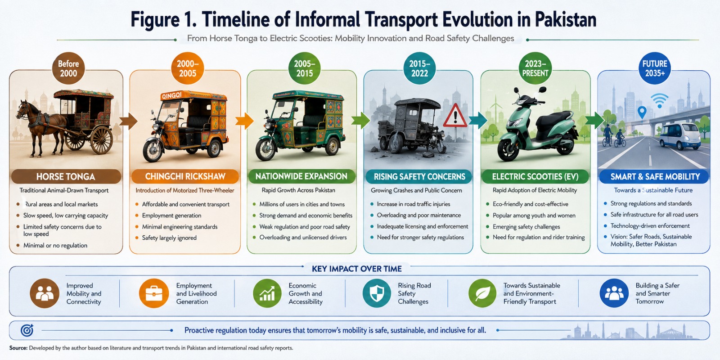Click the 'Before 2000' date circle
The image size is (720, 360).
(x=68, y=68)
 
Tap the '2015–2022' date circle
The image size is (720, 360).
(x=419, y=68)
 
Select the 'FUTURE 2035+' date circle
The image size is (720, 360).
(x=654, y=68)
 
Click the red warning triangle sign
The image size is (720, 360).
(x=455, y=116)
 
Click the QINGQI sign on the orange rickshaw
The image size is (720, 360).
(x=171, y=95)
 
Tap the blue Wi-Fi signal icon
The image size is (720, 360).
(x=659, y=100)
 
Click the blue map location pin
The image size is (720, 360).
(x=642, y=112)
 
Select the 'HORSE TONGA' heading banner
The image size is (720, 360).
(x=66, y=176)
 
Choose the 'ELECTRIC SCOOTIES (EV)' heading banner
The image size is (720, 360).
(x=535, y=176)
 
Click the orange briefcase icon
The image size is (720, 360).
(x=154, y=293)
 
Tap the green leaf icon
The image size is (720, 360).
(x=482, y=293)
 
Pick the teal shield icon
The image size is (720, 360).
(x=377, y=293)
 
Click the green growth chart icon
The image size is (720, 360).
(x=267, y=293)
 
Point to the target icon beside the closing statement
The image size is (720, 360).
(x=27, y=330)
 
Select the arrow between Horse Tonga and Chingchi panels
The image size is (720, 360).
(x=128, y=121)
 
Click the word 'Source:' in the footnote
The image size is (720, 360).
(x=18, y=348)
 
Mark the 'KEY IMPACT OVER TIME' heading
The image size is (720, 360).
(x=357, y=269)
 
